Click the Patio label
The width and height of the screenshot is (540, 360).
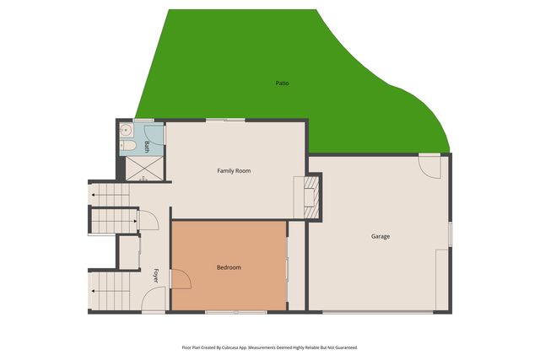pyautogui.click(x=282, y=83)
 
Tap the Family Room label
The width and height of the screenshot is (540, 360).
pyautogui.click(x=234, y=171)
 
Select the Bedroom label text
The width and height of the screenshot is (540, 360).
pyautogui.click(x=229, y=267)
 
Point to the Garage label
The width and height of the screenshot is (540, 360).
pyautogui.click(x=381, y=236)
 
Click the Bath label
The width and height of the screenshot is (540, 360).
pyautogui.click(x=148, y=146)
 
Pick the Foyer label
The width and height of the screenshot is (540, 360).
pyautogui.click(x=156, y=275)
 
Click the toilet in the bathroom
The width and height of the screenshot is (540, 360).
pyautogui.click(x=128, y=146)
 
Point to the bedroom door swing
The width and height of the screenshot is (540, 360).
pyautogui.click(x=180, y=278)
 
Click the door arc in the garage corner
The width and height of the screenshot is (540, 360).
pyautogui.click(x=430, y=165)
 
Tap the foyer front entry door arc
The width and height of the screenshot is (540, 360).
pyautogui.click(x=154, y=300)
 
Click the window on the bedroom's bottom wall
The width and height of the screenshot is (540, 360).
pyautogui.click(x=235, y=313)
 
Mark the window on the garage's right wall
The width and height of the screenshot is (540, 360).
pyautogui.click(x=451, y=234)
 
